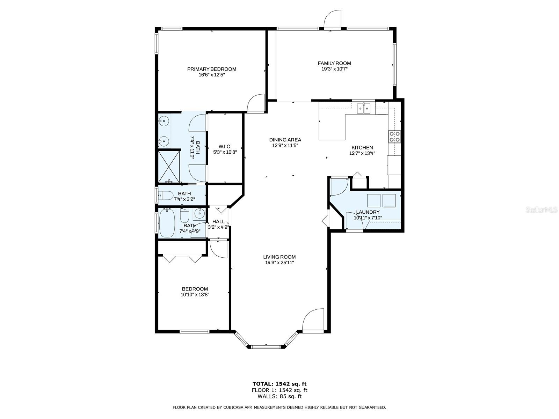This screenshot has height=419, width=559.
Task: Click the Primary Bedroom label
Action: pos(212,69)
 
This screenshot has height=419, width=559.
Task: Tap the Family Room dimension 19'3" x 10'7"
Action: pos(334,69)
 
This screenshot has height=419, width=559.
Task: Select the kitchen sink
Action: pos(363,108)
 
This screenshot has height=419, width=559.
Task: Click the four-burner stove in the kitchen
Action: pos(394,137)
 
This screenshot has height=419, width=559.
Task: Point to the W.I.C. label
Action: pos(225,147)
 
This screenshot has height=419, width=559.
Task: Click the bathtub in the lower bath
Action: pos(167,223)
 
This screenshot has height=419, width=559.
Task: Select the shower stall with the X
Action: pos(169,167)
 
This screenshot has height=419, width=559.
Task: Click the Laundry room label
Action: pos(368,212)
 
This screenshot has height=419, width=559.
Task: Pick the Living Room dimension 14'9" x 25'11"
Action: pos(279,263)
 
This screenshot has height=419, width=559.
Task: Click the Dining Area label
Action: pos(285,140)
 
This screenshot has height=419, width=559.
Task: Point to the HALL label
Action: pos(218,222)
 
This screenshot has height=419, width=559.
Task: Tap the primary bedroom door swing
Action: pos(256,103)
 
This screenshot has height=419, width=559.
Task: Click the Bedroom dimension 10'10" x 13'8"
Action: pos(195,295)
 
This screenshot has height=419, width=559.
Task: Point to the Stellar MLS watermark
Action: pos(542,210)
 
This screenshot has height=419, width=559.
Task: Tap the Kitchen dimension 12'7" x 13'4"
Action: pos(362,153)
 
